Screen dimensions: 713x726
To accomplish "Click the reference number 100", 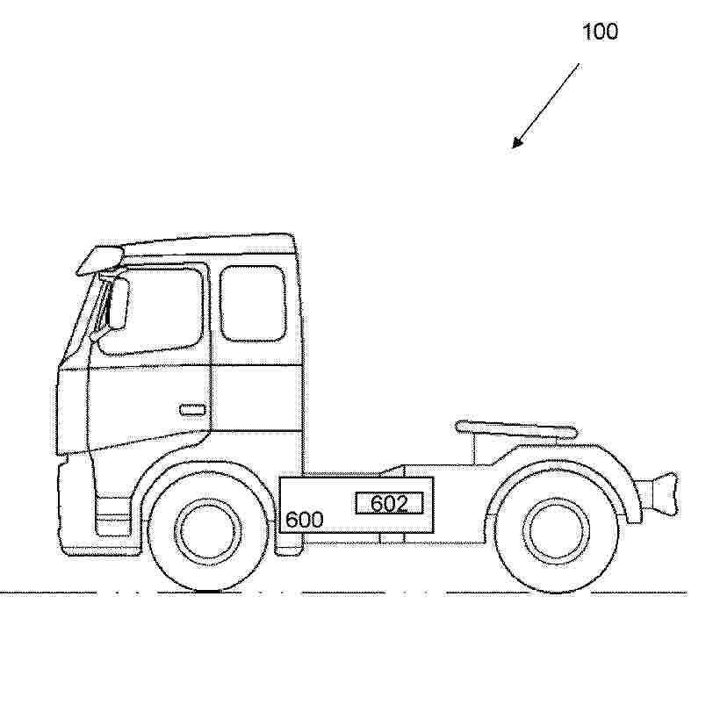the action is [x=600, y=32].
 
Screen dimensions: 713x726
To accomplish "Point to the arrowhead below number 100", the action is [x=516, y=142].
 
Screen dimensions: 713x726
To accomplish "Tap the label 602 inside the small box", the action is [x=389, y=503].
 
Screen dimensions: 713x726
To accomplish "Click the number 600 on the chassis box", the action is [x=304, y=520].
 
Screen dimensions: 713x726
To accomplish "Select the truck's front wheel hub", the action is [x=208, y=531].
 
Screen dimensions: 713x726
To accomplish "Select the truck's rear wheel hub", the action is [x=556, y=530].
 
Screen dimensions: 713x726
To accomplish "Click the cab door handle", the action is [x=192, y=410].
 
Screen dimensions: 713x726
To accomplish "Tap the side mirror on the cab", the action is [x=119, y=304].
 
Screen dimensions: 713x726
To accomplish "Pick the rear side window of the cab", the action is [x=253, y=304].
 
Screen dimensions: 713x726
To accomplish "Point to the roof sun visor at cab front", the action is [x=100, y=260].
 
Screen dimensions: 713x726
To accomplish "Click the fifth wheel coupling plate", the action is [x=516, y=428].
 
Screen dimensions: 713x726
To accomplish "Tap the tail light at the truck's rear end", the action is [x=665, y=492].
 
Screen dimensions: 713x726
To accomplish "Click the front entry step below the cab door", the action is [x=112, y=516].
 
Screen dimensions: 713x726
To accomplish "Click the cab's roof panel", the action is [x=208, y=244].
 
